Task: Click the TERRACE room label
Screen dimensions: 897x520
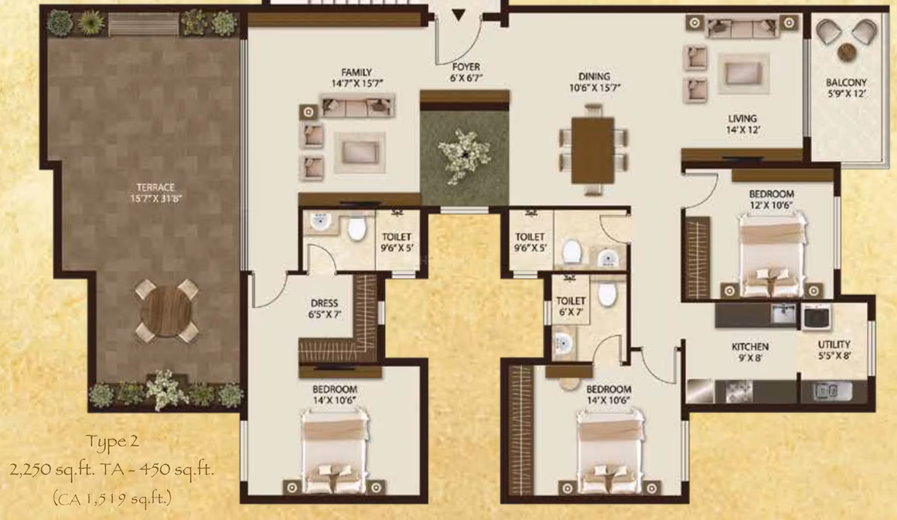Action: [155, 187]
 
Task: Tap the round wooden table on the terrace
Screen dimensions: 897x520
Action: [166, 311]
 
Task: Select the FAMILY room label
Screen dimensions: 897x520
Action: [356, 72]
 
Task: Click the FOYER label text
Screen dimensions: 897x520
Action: [466, 67]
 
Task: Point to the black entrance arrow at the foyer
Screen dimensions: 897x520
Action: [459, 15]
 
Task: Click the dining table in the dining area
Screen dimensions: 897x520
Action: [592, 150]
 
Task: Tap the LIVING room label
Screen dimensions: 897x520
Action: [742, 118]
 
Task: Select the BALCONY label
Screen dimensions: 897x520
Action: [846, 83]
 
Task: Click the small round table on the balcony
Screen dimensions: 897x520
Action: [846, 53]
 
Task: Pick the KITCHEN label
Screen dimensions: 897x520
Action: [750, 347]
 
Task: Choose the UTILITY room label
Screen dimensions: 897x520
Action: [834, 344]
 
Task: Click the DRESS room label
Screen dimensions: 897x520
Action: [324, 303]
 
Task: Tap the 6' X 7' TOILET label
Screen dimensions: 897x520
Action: [571, 301]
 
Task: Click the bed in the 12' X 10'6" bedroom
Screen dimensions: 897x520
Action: [772, 255]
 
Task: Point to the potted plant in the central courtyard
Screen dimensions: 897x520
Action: [464, 156]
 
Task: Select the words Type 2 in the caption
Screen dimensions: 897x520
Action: [112, 442]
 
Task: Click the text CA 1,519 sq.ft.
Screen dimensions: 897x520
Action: [112, 499]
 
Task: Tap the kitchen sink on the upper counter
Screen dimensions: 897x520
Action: [782, 313]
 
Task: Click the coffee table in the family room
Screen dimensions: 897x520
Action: [360, 152]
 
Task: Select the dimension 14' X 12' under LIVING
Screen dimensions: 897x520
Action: [742, 130]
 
